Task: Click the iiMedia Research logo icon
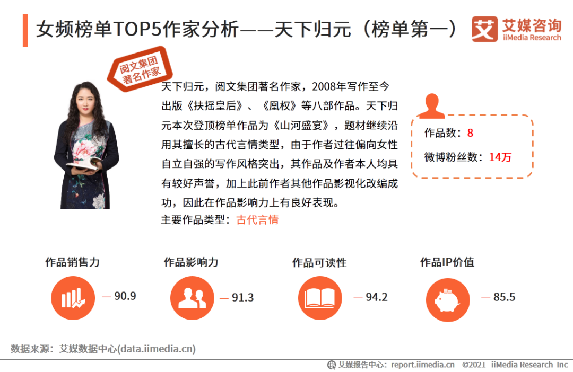484,29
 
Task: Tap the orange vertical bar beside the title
25,31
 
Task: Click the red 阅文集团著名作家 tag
140,69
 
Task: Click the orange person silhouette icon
431,106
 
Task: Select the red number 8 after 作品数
470,133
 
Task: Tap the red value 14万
500,157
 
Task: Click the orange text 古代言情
258,220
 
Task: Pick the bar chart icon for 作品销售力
73,298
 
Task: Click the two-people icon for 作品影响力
192,298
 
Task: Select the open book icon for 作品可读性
320,298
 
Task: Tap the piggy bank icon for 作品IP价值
448,300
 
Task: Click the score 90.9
125,296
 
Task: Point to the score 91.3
242,297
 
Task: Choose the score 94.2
376,297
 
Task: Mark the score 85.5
505,297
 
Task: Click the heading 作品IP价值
447,262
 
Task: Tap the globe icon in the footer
332,365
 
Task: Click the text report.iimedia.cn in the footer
423,365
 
